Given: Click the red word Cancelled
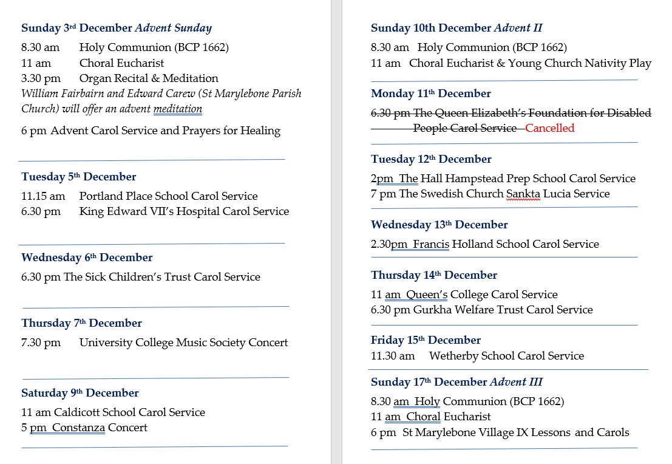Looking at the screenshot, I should tap(549, 128).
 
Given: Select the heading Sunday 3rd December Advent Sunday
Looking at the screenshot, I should tap(117, 28).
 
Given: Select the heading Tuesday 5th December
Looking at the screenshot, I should tap(78, 177).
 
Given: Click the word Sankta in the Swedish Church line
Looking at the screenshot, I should tap(523, 194).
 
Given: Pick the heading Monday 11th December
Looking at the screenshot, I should tap(431, 94).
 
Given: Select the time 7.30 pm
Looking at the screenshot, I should tap(41, 343).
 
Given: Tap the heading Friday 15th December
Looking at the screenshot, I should tap(426, 340).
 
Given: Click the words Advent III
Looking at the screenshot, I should tap(516, 382).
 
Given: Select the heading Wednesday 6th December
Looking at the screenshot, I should tap(87, 258).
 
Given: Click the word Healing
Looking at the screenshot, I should tap(260, 131).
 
